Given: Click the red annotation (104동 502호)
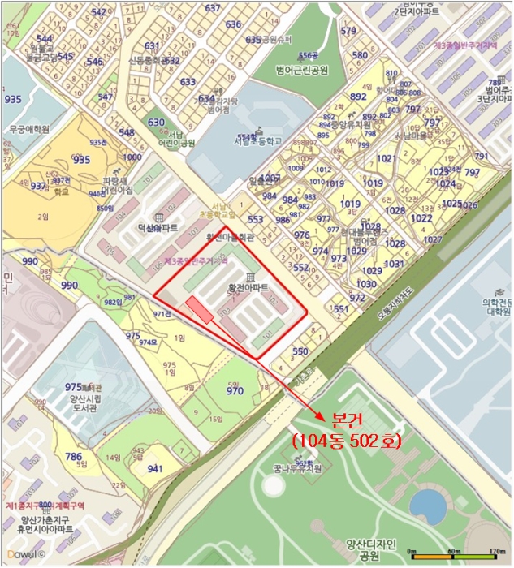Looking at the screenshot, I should pos(347,439).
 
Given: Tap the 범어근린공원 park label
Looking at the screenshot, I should pos(301,71).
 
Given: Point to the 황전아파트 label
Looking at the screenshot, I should pos(248,288).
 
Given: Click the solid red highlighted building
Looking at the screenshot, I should pos(200,310).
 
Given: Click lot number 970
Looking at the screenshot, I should pos(235,390).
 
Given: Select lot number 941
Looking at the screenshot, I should pos(155,468).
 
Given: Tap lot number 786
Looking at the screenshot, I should pos(73,456).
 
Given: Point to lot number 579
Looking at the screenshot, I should pos(348,32).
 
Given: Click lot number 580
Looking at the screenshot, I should pos(360,55).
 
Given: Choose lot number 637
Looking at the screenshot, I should pos(213,8).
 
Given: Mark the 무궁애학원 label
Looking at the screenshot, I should pos(29,129).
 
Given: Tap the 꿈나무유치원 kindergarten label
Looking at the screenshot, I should pos(297,468).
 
